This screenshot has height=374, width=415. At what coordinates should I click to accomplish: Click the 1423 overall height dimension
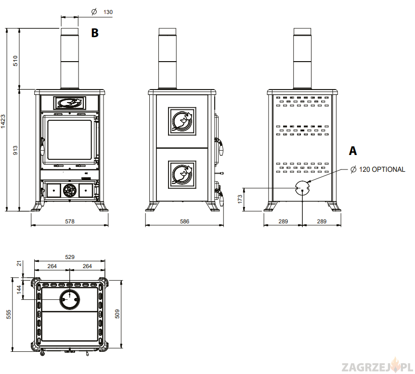tap(3, 120)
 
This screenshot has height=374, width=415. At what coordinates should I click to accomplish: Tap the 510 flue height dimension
tap(15, 61)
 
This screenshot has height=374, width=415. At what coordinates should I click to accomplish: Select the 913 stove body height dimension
tap(15, 150)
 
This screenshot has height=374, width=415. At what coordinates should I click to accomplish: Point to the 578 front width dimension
tap(70, 221)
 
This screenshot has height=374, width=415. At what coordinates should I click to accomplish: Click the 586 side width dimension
tap(185, 221)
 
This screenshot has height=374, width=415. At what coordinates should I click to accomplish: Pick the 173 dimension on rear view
tap(240, 199)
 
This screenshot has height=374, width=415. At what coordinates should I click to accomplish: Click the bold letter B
tap(95, 33)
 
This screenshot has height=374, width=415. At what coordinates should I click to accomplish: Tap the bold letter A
tap(353, 151)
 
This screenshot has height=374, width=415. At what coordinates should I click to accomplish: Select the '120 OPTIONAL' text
tap(382, 169)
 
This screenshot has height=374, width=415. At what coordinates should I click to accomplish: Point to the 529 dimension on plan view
tap(70, 258)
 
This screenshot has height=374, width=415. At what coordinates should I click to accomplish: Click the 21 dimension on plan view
tap(19, 263)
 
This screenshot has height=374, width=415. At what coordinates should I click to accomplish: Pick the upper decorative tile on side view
tap(182, 121)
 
